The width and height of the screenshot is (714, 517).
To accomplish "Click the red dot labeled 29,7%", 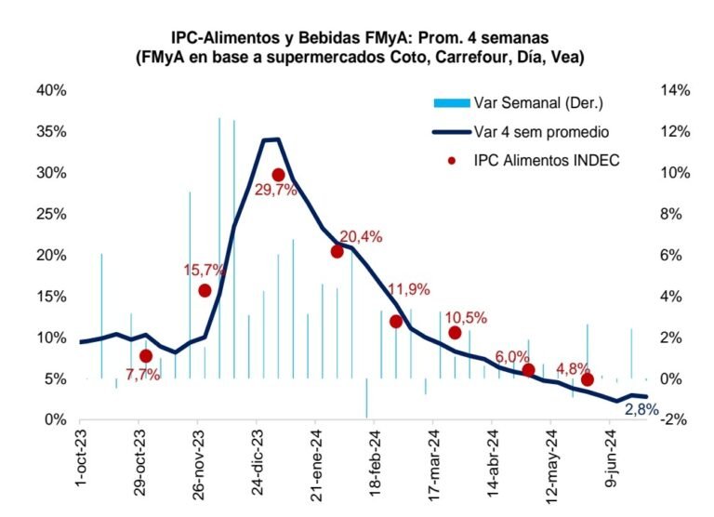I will click(x=278, y=175).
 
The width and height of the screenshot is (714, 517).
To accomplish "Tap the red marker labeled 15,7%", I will click(x=205, y=290).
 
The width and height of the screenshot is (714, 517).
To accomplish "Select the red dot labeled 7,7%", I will click(x=146, y=356).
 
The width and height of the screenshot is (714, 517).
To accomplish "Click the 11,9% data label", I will click(x=409, y=289).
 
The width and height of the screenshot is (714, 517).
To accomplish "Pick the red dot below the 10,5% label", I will click(x=455, y=333).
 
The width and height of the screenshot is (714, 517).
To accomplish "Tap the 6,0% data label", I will click(x=512, y=356).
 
